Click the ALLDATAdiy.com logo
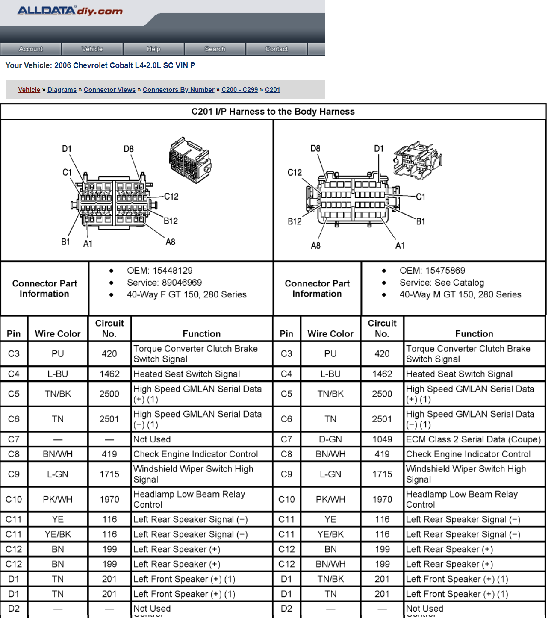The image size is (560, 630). point(70,11)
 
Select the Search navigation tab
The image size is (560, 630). point(215,49)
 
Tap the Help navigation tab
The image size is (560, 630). point(153,49)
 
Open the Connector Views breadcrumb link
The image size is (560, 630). point(109,90)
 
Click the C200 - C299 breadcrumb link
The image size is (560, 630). point(239,90)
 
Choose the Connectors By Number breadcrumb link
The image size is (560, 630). point(179,90)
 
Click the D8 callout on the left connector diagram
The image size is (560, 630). point(129,149)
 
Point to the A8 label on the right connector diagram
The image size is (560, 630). point(315,246)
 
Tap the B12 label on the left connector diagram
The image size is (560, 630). point(171,221)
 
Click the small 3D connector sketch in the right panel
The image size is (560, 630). point(418,160)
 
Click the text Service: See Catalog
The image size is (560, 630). point(442,283)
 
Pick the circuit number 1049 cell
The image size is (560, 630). point(382,439)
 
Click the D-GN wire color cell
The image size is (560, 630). point(330,439)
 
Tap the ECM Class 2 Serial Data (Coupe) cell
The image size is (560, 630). point(473,439)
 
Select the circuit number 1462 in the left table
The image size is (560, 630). point(109,374)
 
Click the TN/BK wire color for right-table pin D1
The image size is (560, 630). point(330,579)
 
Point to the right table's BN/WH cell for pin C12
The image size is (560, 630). point(330,564)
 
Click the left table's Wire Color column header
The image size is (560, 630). point(58,334)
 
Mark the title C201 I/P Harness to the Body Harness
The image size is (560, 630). point(273,111)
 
